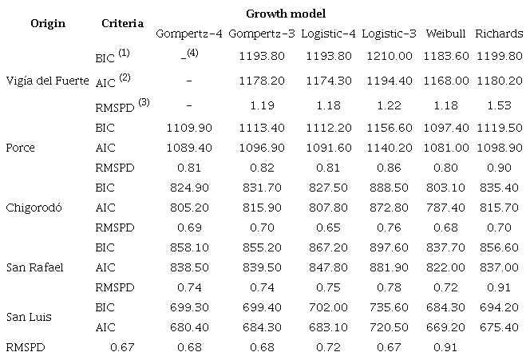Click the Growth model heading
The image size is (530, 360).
point(285,14)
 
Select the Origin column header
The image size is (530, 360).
point(47,23)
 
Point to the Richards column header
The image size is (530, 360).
point(499,34)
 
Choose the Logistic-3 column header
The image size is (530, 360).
point(388,34)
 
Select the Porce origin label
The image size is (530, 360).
point(21,148)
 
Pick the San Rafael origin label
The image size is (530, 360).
point(34,267)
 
